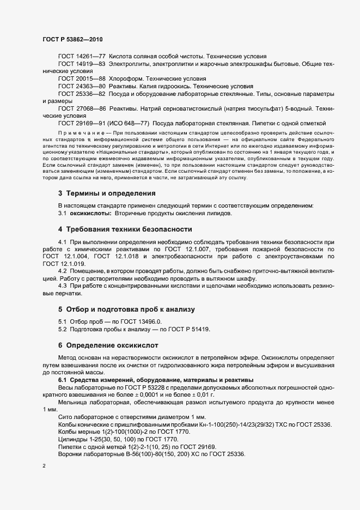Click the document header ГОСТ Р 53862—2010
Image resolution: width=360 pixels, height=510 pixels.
click(72, 40)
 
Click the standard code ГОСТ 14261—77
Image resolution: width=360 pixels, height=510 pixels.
click(82, 57)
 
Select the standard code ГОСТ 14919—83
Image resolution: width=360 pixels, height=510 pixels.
click(82, 64)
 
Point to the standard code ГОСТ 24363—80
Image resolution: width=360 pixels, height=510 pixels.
click(82, 87)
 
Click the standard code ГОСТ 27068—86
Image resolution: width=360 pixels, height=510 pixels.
click(82, 109)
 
